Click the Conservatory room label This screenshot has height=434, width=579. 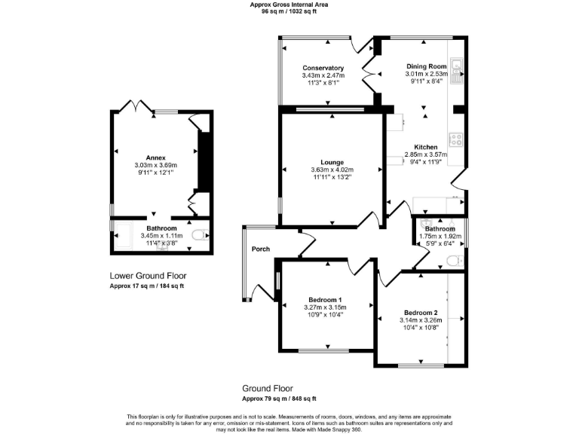pos(323,68)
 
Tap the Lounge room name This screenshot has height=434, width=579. pos(332,162)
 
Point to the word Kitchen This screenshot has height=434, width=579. pos(425,146)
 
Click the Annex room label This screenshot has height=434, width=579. pos(155,157)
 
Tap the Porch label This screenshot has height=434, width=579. pos(261,249)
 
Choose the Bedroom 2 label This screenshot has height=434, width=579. pos(421,313)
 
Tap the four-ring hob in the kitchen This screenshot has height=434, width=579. pos(456,139)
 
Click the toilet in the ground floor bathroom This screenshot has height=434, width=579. pos(453,261)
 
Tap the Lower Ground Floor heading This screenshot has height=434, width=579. pos(148,276)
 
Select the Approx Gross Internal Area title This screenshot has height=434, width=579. pos(289,5)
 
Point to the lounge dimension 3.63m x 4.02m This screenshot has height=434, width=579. pos(332,170)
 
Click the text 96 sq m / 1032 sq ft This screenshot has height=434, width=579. pos(289,12)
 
